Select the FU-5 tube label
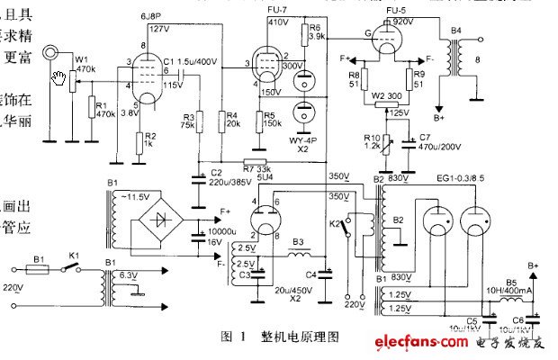[394, 9]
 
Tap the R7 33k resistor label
[256, 168]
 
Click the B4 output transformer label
[456, 31]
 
